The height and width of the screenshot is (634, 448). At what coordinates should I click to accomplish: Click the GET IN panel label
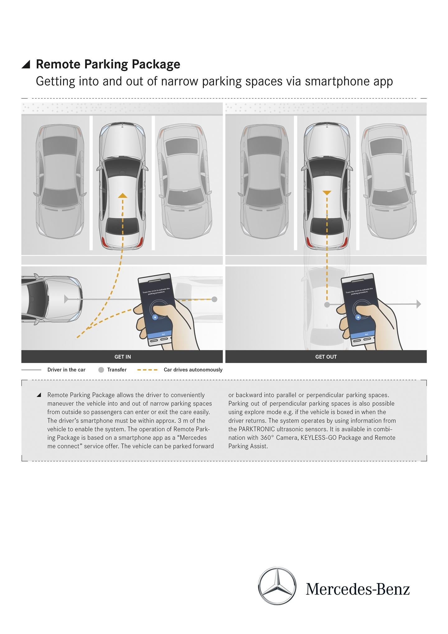(x=123, y=357)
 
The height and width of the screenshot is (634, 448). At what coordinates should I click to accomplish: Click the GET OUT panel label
(x=326, y=357)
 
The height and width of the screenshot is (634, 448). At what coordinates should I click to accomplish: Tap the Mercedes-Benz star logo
(x=277, y=586)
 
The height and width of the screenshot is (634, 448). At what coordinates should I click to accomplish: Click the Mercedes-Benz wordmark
(x=357, y=589)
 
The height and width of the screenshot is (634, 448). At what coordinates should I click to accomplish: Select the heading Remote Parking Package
(x=108, y=64)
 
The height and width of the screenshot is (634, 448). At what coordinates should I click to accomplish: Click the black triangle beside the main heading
(x=26, y=64)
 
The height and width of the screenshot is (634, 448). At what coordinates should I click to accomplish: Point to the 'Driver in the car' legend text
(x=66, y=370)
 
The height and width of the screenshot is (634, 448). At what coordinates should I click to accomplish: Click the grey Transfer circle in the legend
(x=101, y=370)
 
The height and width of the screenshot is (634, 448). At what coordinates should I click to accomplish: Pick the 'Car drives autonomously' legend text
(x=193, y=370)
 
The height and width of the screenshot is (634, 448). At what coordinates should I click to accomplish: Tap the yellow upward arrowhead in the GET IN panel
(x=123, y=195)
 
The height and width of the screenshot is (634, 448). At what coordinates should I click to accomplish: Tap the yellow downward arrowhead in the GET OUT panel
(x=327, y=193)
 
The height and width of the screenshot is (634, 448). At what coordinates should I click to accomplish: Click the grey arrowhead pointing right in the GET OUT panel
(x=418, y=304)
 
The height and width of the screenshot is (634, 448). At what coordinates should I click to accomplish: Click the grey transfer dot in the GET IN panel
(x=214, y=299)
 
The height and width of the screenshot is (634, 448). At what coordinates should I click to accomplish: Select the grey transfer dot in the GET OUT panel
(x=327, y=305)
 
